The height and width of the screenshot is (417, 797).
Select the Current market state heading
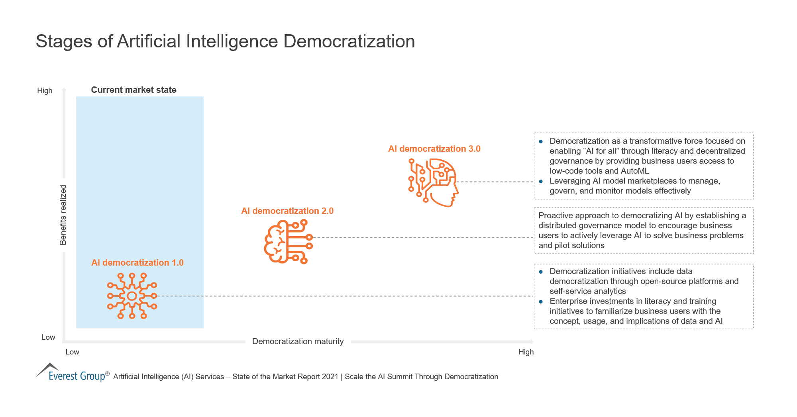pyautogui.click(x=133, y=90)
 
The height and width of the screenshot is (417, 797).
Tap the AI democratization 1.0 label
pyautogui.click(x=137, y=263)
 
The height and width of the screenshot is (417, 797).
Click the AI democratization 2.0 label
pyautogui.click(x=287, y=211)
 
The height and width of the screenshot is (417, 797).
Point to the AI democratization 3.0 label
pyautogui.click(x=434, y=149)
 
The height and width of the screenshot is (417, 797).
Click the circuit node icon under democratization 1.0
pyautogui.click(x=132, y=296)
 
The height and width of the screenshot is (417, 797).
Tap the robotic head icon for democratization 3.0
pyautogui.click(x=434, y=182)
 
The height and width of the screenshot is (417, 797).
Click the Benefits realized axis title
pyautogui.click(x=63, y=215)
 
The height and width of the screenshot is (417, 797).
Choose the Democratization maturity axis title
pyautogui.click(x=298, y=341)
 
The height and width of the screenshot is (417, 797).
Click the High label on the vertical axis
pyautogui.click(x=45, y=91)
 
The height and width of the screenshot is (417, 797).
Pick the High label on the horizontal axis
pyautogui.click(x=526, y=352)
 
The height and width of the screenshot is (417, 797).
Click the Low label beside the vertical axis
pyautogui.click(x=48, y=337)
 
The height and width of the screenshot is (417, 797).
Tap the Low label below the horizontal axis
pyautogui.click(x=72, y=352)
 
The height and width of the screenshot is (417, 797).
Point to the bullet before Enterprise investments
pyautogui.click(x=541, y=301)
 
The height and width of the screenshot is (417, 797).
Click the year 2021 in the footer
pyautogui.click(x=330, y=377)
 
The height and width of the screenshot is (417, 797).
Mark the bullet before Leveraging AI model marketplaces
pyautogui.click(x=541, y=181)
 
